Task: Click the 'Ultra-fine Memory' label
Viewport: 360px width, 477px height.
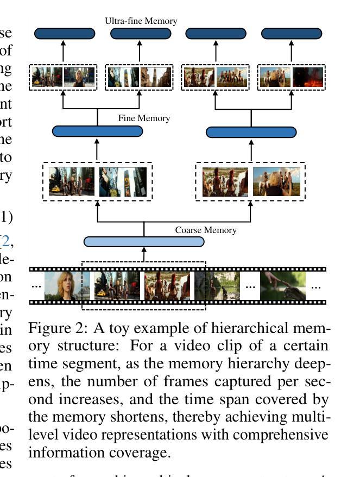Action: coord(141,21)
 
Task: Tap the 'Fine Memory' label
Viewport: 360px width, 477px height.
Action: coord(144,118)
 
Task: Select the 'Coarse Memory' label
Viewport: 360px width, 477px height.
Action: coord(205,230)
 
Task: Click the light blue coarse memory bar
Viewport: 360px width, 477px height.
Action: coord(144,242)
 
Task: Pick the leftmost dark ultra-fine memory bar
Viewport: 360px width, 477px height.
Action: coord(65,34)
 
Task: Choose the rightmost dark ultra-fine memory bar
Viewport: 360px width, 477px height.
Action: coord(292,34)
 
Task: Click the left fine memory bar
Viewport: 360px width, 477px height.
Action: coord(97,131)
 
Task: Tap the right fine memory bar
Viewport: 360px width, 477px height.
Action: coord(251,132)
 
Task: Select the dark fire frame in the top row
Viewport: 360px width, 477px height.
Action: coord(308,77)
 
